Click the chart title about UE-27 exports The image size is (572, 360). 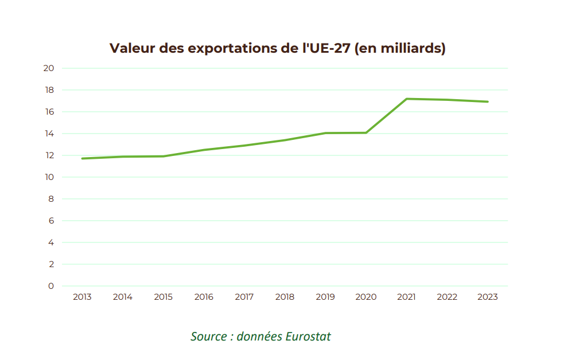coord(278,48)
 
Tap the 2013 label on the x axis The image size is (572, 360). coord(82,297)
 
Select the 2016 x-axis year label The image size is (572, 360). coord(204,297)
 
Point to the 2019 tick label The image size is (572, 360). coord(325,297)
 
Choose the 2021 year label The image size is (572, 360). coord(406,297)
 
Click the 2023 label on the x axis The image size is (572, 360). coord(487,297)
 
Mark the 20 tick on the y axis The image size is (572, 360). coord(49,68)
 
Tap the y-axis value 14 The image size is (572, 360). coord(49,134)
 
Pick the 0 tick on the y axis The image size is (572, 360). coord(51,286)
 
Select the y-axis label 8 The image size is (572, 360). coord(51,199)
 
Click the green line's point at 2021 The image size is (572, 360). coord(406,99)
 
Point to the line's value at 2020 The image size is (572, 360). coord(366,133)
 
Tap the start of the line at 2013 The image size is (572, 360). coord(82,158)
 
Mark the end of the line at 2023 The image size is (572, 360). coord(487,101)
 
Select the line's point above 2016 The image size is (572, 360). coord(204,150)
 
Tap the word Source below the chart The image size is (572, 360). coord(209,336)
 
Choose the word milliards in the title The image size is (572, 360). coord(408,48)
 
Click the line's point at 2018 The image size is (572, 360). coord(285,140)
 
